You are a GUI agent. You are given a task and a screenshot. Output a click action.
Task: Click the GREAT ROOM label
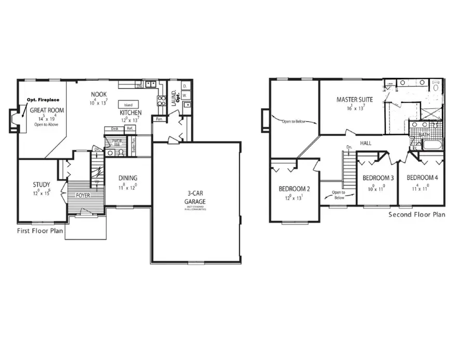coord(47,110)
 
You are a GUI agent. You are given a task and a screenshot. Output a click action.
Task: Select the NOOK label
coord(99,94)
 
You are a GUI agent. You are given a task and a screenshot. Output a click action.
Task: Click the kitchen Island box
coord(128,105)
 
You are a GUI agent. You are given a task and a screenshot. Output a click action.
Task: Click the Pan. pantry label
coord(156,120)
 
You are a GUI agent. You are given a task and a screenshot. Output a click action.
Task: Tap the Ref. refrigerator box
coord(130,128)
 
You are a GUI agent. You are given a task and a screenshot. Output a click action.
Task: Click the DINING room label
coord(127,178)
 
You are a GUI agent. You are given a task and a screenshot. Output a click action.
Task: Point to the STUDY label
coord(41,184)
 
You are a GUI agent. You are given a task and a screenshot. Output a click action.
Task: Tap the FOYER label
coord(83,196)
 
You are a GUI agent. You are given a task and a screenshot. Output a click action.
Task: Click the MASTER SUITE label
coord(352,99)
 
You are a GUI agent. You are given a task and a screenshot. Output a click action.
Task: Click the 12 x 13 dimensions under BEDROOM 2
coord(294,197)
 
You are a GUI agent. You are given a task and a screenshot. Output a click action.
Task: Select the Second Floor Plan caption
coord(416,214)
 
